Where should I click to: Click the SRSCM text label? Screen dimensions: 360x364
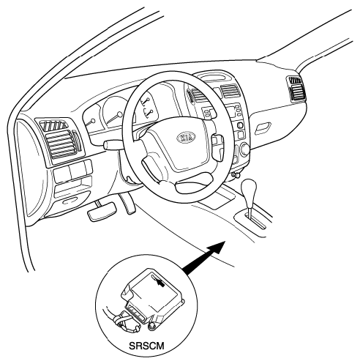[x=146, y=346]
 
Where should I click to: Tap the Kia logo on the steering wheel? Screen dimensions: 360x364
[x=186, y=137]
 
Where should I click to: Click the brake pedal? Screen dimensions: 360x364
[x=102, y=211]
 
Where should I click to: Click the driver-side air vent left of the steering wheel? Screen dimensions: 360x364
[x=60, y=138]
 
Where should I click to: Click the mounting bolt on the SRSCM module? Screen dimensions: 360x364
[x=152, y=326]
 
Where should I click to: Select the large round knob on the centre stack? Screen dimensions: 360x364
[x=244, y=149]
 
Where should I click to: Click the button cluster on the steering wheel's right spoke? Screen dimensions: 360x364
[x=217, y=146]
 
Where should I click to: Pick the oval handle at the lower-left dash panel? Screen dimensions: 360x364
[x=69, y=201]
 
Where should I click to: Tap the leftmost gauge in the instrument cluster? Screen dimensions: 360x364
[x=92, y=116]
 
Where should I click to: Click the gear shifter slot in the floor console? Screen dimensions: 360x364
[x=256, y=222]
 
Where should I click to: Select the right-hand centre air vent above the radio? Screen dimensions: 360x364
[x=230, y=91]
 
